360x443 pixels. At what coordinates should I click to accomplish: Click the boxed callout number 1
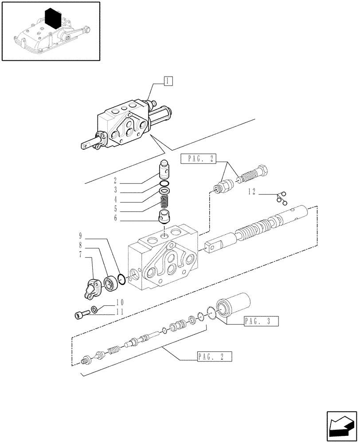pos(168,81)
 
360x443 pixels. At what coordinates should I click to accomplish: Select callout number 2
pos(115,181)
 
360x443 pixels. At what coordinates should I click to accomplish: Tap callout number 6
pos(115,218)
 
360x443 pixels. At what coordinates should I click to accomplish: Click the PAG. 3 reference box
pos(260,322)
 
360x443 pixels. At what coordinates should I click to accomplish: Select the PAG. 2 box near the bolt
pos(198,159)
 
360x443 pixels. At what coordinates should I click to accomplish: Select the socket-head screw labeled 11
pos(80,315)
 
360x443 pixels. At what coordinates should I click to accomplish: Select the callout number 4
pos(115,199)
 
